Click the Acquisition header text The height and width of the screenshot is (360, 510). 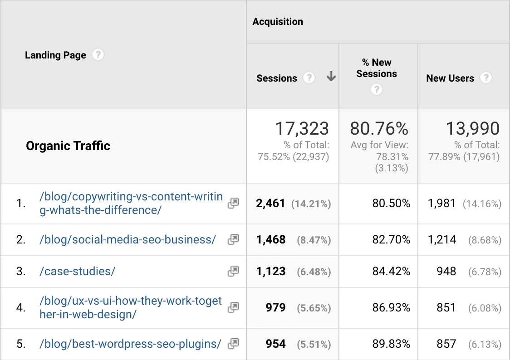pos(278,22)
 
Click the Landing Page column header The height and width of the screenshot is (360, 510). pos(55,55)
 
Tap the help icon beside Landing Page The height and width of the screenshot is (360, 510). pos(98,55)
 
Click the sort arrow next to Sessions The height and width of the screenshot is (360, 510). pos(331,78)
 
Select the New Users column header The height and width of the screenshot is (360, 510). pos(450,78)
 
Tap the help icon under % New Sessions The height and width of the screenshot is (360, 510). pos(376,90)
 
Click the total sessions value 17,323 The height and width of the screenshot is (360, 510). pos(302,129)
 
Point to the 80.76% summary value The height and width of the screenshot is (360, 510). pos(379,129)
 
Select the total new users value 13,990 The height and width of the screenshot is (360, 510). pos(472,129)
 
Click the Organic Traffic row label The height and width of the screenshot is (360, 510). pos(68,146)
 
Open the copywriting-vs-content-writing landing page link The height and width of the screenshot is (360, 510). pos(131,203)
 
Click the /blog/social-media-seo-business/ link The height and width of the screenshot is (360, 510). pos(127,239)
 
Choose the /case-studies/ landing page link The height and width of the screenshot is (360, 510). pos(78,271)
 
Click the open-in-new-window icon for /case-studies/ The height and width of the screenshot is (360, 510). pos(233,271)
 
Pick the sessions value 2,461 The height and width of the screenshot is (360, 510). pos(271,204)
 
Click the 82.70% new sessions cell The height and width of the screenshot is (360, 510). pos(391,240)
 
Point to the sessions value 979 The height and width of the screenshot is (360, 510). pos(276,308)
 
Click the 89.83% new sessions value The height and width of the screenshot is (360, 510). pos(391,344)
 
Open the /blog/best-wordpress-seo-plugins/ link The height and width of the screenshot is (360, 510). pos(130,344)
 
